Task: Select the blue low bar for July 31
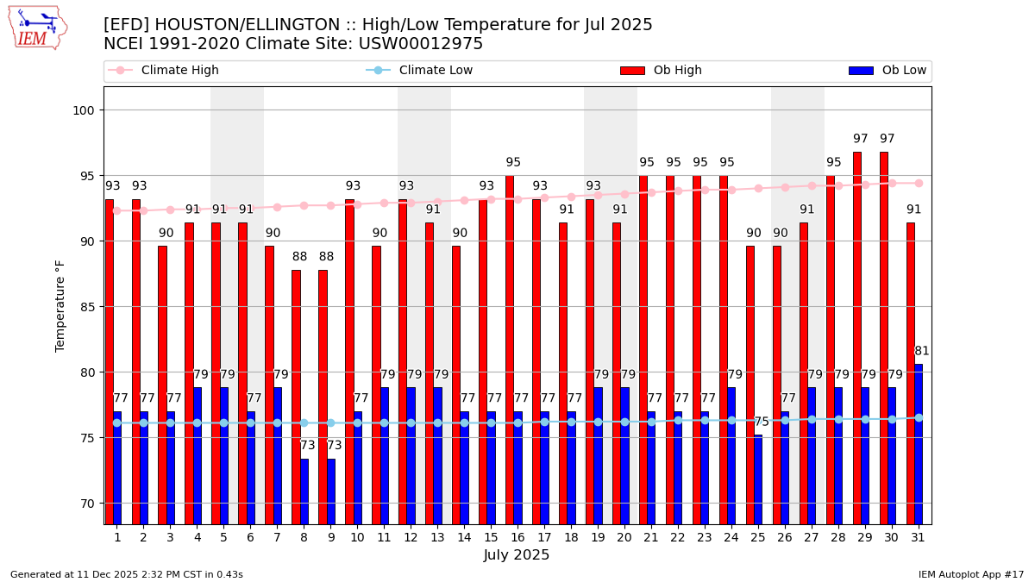click(919, 444)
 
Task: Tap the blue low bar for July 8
click(304, 491)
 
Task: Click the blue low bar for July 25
click(758, 479)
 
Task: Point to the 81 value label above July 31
click(922, 351)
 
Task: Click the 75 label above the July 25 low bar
click(762, 422)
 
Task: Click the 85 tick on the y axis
click(90, 307)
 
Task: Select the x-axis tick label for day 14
click(464, 537)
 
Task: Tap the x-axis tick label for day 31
click(918, 537)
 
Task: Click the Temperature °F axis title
click(60, 305)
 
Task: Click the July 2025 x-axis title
click(517, 555)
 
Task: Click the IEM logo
click(37, 28)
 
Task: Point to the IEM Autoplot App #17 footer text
click(971, 574)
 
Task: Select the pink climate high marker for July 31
click(919, 183)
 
